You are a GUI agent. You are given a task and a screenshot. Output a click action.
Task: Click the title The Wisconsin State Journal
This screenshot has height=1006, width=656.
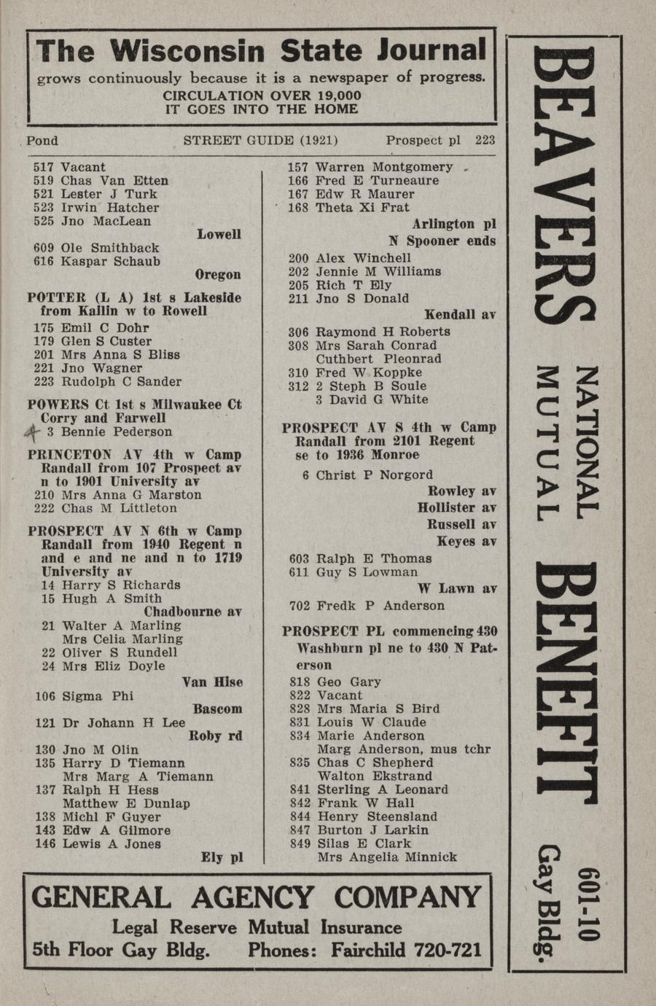[x=261, y=51]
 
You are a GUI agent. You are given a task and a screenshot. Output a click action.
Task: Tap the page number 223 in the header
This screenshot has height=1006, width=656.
[x=485, y=140]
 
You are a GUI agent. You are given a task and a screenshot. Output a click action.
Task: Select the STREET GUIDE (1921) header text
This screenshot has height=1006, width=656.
[x=260, y=140]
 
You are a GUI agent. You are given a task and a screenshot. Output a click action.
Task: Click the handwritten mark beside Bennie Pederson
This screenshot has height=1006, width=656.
[x=32, y=432]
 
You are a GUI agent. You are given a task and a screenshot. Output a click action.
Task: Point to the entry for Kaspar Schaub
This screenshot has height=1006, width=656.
[x=97, y=261]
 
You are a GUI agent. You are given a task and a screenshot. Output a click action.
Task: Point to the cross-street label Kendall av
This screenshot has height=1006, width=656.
[x=460, y=314]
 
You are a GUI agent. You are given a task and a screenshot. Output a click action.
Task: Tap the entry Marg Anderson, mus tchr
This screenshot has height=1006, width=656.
[x=404, y=749]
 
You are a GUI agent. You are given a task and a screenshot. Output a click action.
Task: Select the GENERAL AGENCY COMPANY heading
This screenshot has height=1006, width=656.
[x=257, y=897]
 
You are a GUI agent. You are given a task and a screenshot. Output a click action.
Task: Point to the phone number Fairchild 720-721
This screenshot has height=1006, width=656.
[x=406, y=950]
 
